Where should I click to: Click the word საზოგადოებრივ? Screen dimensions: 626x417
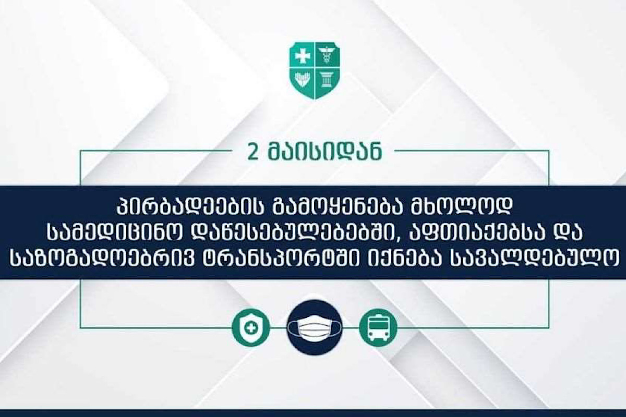(x=103, y=257)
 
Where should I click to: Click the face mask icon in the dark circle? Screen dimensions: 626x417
(x=315, y=328)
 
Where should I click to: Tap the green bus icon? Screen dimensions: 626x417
(x=378, y=328)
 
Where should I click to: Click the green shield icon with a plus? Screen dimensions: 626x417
(x=251, y=328)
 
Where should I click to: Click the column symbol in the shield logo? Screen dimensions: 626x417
(x=328, y=80)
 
